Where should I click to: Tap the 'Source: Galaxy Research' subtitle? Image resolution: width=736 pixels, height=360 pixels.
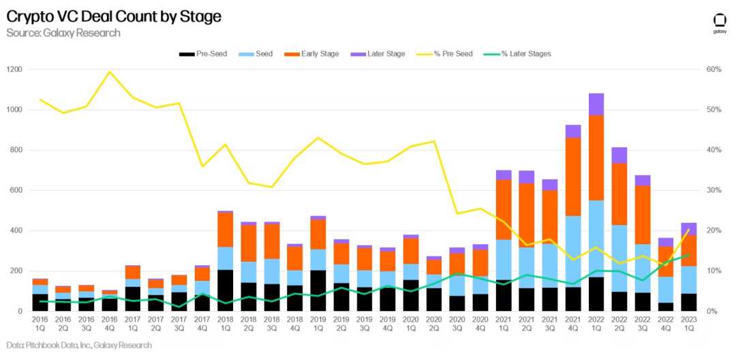[x=63, y=33]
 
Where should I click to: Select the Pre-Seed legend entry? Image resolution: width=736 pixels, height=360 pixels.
[x=205, y=54]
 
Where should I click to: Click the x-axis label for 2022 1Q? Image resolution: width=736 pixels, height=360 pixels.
[x=596, y=322]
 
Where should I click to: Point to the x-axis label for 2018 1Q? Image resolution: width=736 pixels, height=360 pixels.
[x=225, y=322]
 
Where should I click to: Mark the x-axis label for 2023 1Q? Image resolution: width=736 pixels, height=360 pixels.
[x=689, y=322]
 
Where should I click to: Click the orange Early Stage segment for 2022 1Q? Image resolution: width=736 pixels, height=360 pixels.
[x=596, y=157]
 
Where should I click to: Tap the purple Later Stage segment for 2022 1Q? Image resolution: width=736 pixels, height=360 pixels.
[x=596, y=104]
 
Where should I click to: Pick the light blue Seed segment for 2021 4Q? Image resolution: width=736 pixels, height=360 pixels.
[x=573, y=252]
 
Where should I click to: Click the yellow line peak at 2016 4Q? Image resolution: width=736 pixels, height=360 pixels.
[x=109, y=72]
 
